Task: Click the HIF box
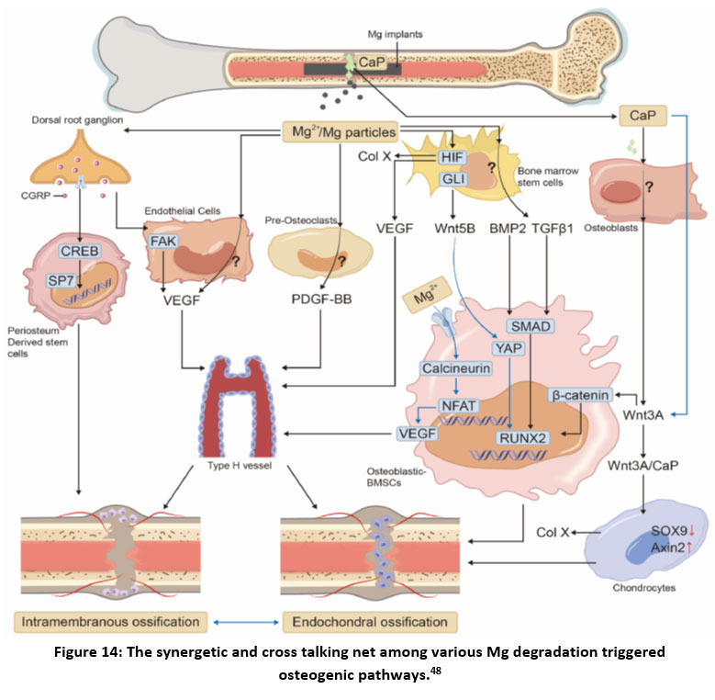[x=452, y=157]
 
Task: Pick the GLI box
[x=452, y=179]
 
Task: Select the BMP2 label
[x=508, y=221]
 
